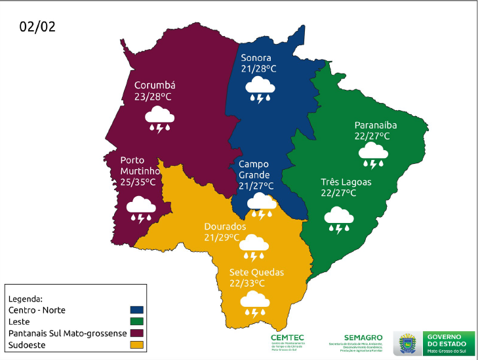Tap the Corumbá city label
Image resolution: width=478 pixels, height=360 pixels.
[x=155, y=85]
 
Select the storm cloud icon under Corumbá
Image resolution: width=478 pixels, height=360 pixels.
[x=160, y=120]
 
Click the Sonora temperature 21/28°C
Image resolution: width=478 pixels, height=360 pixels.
[x=258, y=68]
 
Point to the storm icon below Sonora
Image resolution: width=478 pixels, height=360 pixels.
[x=260, y=89]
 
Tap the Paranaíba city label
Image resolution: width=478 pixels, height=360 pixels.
[x=376, y=125]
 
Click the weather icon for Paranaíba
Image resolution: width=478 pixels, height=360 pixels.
[x=373, y=156]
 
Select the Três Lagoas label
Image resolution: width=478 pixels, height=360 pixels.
[x=346, y=182]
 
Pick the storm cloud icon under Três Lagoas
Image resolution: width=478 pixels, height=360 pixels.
[x=339, y=219]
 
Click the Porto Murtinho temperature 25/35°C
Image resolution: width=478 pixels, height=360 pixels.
[x=138, y=182]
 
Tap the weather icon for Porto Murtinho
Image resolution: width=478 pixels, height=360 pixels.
[x=142, y=209]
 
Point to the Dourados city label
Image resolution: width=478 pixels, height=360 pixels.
[x=225, y=226]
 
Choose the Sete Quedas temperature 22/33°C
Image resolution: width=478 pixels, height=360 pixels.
[x=247, y=283]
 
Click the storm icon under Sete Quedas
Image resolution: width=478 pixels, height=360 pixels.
[x=254, y=304]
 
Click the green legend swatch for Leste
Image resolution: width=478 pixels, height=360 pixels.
[x=137, y=321]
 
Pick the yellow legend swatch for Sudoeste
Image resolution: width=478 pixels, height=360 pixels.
[x=137, y=345]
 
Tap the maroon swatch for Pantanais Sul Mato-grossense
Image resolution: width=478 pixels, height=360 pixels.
[x=137, y=333]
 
